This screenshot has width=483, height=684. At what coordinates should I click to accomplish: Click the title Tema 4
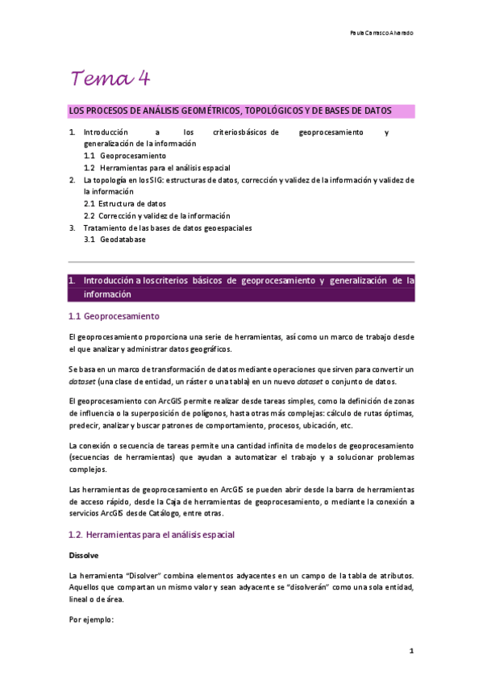110,79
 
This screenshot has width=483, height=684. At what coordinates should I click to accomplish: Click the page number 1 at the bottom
410,650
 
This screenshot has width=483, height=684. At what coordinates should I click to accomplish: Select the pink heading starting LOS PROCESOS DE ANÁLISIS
230,110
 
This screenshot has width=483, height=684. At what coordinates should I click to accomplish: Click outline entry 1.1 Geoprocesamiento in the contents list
125,155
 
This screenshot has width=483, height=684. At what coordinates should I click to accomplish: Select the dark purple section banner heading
241,287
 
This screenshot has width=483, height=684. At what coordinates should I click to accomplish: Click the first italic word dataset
83,381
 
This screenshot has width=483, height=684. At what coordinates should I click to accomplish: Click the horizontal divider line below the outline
241,261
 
